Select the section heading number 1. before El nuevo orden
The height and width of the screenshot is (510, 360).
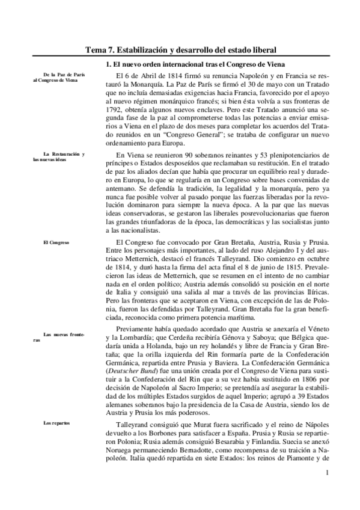coord(101,64)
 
